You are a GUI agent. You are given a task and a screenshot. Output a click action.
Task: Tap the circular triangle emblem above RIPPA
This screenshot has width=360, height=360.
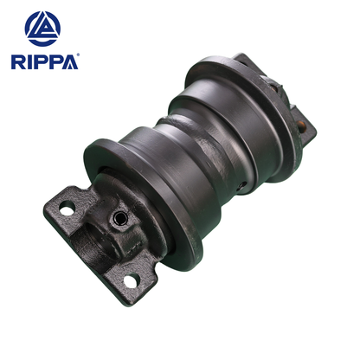(x=43, y=28)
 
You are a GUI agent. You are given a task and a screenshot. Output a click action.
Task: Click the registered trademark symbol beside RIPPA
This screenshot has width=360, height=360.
(x=78, y=56)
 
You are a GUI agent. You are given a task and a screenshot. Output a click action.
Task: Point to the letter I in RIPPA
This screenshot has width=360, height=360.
(x=29, y=62)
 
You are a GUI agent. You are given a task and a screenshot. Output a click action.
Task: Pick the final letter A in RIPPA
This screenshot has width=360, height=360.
(x=68, y=62)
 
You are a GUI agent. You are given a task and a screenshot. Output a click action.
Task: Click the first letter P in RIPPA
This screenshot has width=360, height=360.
(x=41, y=62)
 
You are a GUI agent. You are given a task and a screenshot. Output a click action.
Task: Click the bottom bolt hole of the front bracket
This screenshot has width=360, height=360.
(x=130, y=280)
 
